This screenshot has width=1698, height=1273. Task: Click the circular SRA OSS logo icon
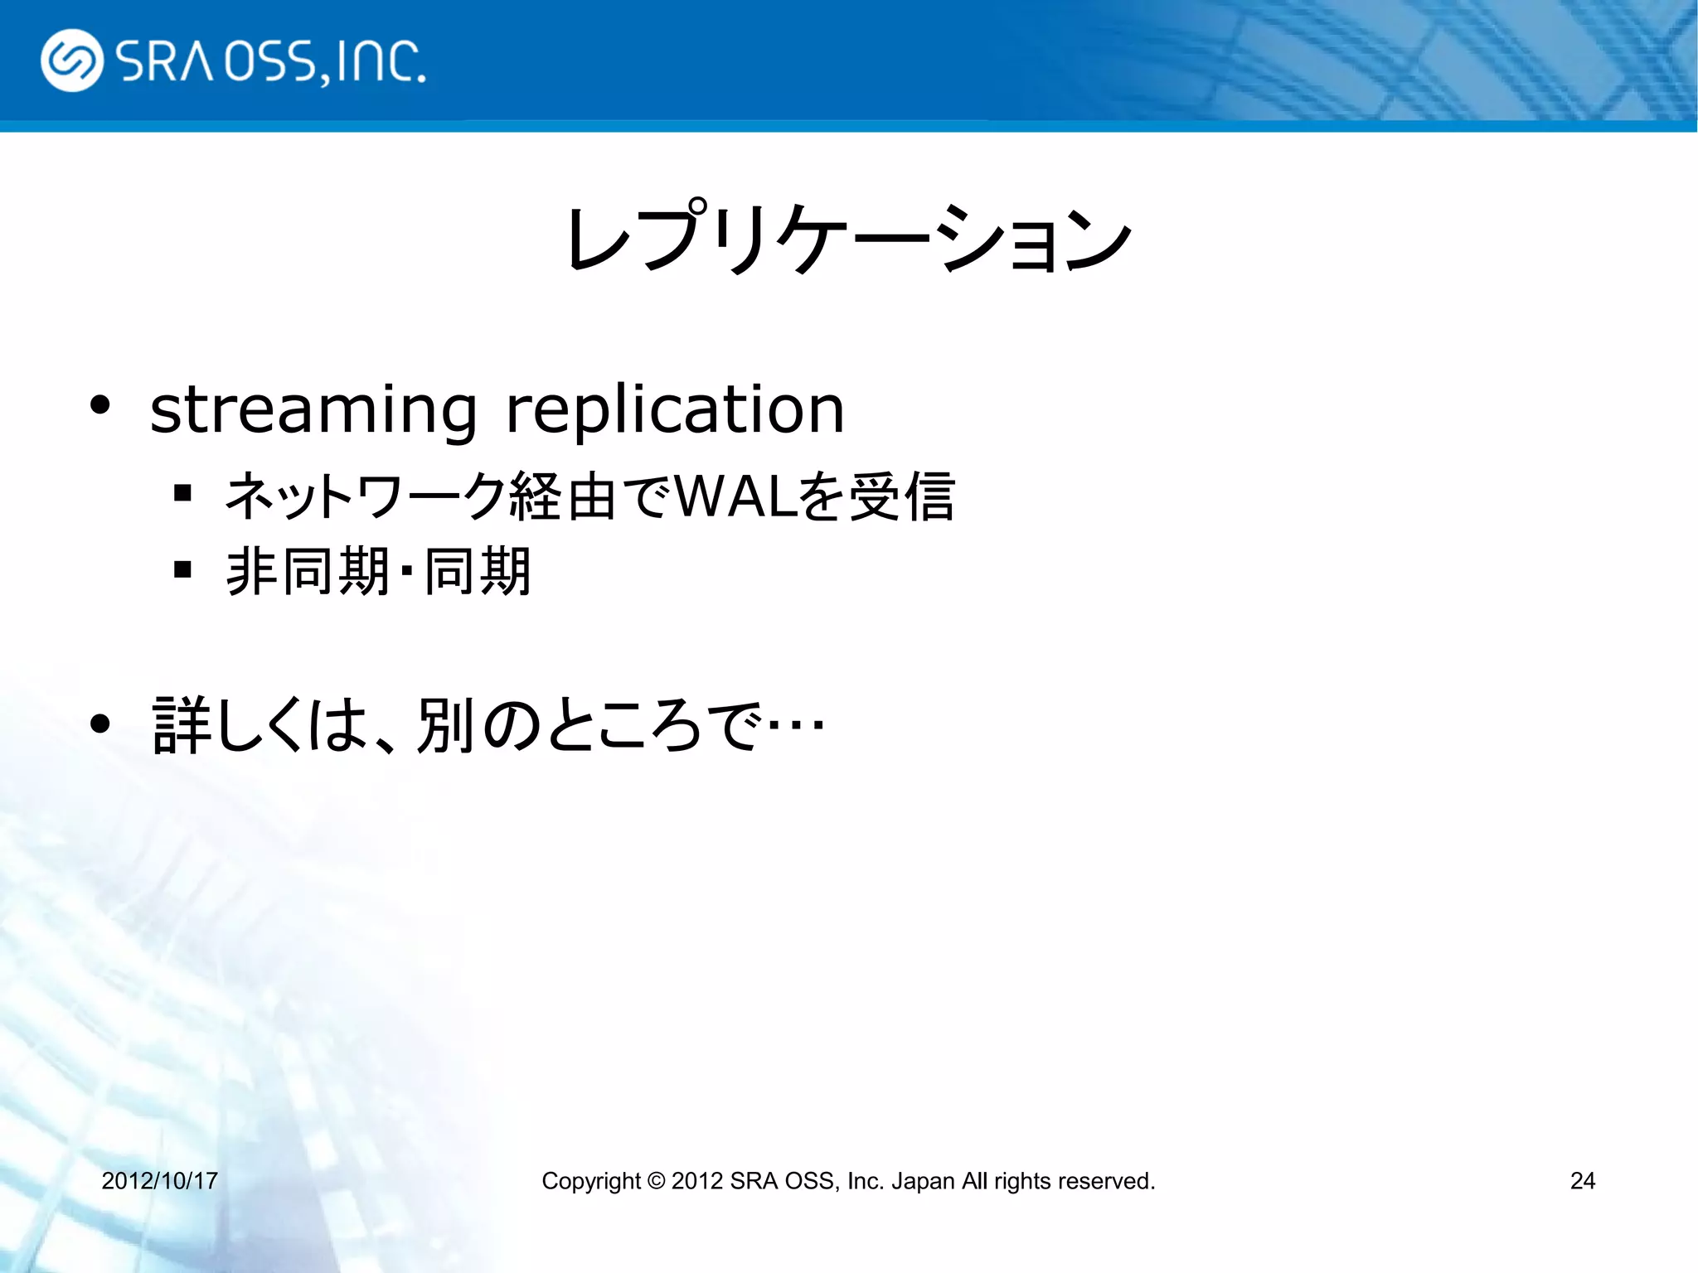[x=72, y=61]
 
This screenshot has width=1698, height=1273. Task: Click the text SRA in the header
[x=166, y=61]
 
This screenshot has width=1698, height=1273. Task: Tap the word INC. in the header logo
[x=381, y=61]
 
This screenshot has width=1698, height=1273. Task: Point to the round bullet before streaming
[x=100, y=405]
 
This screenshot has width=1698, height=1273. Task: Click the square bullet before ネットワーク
[x=183, y=495]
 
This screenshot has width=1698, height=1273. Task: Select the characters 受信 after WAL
[x=902, y=496]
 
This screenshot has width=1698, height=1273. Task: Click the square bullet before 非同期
[x=183, y=569]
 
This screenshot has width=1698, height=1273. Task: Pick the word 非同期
[x=307, y=571]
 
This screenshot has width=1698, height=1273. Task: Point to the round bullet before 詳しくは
[x=100, y=724]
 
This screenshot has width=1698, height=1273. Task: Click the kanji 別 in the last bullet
[x=445, y=725]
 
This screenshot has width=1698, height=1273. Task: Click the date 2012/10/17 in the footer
[x=159, y=1180]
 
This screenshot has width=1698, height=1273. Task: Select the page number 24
[x=1582, y=1180]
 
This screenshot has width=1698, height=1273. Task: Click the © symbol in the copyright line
[x=656, y=1180]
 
